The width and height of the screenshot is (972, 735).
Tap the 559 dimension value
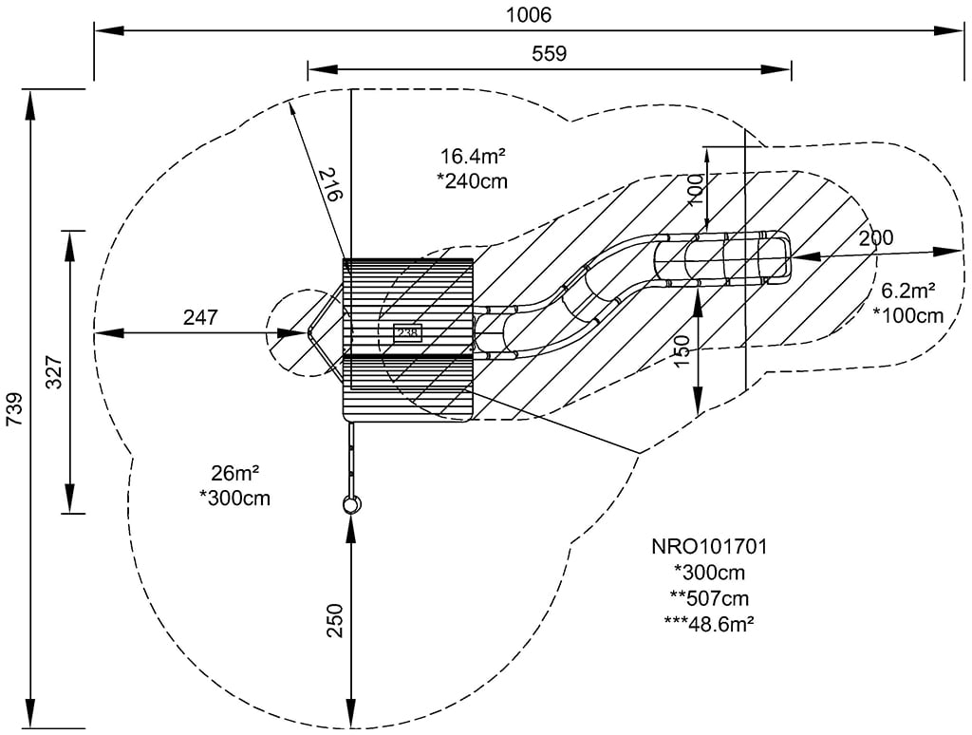point(548,53)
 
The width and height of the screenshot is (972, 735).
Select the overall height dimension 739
point(13,409)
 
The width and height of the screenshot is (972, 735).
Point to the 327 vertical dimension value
point(53,373)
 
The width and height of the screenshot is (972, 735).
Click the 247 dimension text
point(200,317)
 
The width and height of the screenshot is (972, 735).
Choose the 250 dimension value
point(333,622)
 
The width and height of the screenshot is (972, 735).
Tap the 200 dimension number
point(875,237)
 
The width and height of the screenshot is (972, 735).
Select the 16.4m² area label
point(472,156)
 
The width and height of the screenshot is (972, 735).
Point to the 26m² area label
point(234,472)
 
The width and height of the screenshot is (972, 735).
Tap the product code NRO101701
point(709,547)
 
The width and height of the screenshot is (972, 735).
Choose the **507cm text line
point(709,597)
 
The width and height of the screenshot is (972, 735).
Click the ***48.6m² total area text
point(709,623)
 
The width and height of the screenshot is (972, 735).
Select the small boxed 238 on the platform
point(407,332)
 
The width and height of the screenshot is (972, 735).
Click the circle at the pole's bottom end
point(351,504)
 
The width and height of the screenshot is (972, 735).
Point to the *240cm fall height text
point(472,180)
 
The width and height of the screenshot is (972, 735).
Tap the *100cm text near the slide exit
point(908,315)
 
